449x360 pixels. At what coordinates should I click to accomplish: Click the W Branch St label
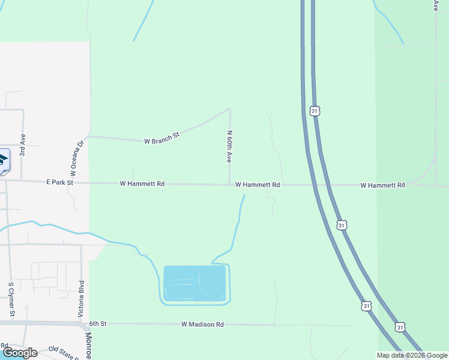(162, 139)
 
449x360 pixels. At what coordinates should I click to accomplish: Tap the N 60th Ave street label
(229, 146)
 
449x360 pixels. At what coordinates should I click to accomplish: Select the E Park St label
(59, 182)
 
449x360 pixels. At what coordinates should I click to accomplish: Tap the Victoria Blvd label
(81, 298)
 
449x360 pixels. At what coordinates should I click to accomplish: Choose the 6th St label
(98, 323)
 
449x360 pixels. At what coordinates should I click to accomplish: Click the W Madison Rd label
(202, 324)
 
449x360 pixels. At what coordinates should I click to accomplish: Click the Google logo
(19, 353)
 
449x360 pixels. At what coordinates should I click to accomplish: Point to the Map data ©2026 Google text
(412, 355)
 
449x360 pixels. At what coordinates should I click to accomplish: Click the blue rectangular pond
(194, 283)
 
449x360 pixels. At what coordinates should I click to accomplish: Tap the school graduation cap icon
(3, 160)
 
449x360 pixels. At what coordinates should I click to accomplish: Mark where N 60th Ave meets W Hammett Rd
(229, 185)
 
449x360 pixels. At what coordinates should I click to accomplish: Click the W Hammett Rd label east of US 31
(383, 185)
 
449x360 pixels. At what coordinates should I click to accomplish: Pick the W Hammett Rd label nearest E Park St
(142, 184)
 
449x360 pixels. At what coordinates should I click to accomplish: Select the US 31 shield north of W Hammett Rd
(315, 110)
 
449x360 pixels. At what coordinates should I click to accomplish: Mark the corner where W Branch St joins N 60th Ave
(229, 110)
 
